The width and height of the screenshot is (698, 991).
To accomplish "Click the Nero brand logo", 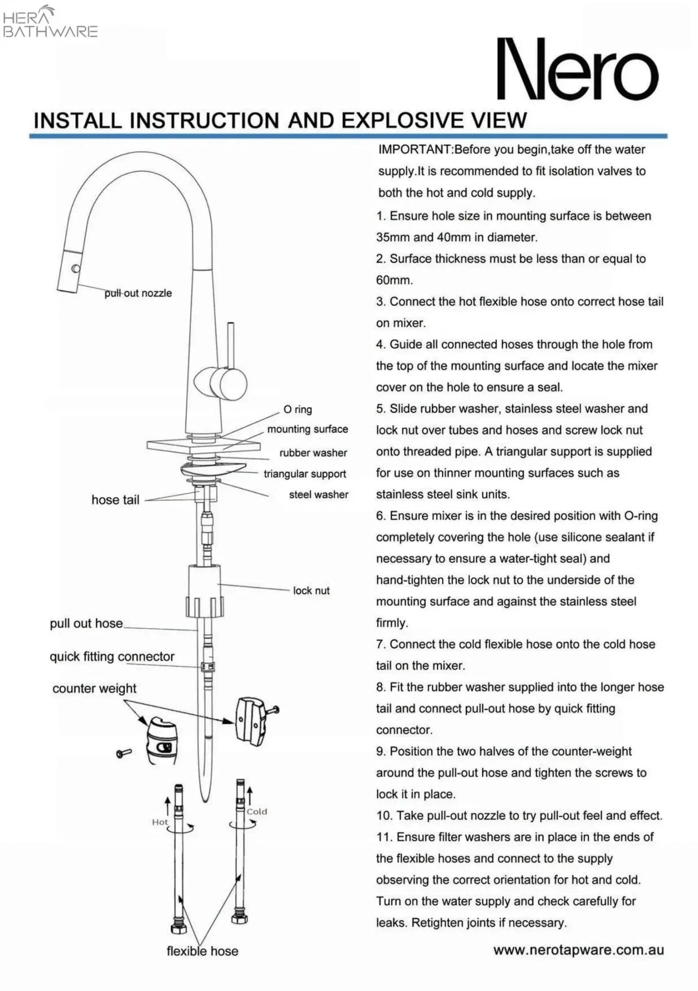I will (578, 69).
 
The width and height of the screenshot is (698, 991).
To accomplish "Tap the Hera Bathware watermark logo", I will (50, 22).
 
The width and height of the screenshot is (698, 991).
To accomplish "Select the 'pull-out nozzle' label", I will (138, 293).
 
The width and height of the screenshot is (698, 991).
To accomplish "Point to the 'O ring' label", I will (297, 409).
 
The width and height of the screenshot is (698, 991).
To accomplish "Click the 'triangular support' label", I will (305, 474).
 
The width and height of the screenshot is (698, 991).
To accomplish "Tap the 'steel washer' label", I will (318, 495).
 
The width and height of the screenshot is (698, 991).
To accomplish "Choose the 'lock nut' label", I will (311, 590).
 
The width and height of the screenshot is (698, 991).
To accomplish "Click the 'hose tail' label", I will (115, 500).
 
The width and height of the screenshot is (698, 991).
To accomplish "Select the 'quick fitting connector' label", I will (112, 657).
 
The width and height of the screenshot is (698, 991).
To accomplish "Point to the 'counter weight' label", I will (94, 688).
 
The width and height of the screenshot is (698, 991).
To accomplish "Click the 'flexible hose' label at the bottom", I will (202, 951).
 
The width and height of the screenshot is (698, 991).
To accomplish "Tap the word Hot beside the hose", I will (160, 822).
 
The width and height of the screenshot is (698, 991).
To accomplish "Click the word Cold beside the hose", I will (256, 811).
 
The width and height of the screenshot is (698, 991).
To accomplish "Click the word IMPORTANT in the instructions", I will (414, 150).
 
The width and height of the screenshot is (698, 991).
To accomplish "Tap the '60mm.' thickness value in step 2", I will (394, 280).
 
